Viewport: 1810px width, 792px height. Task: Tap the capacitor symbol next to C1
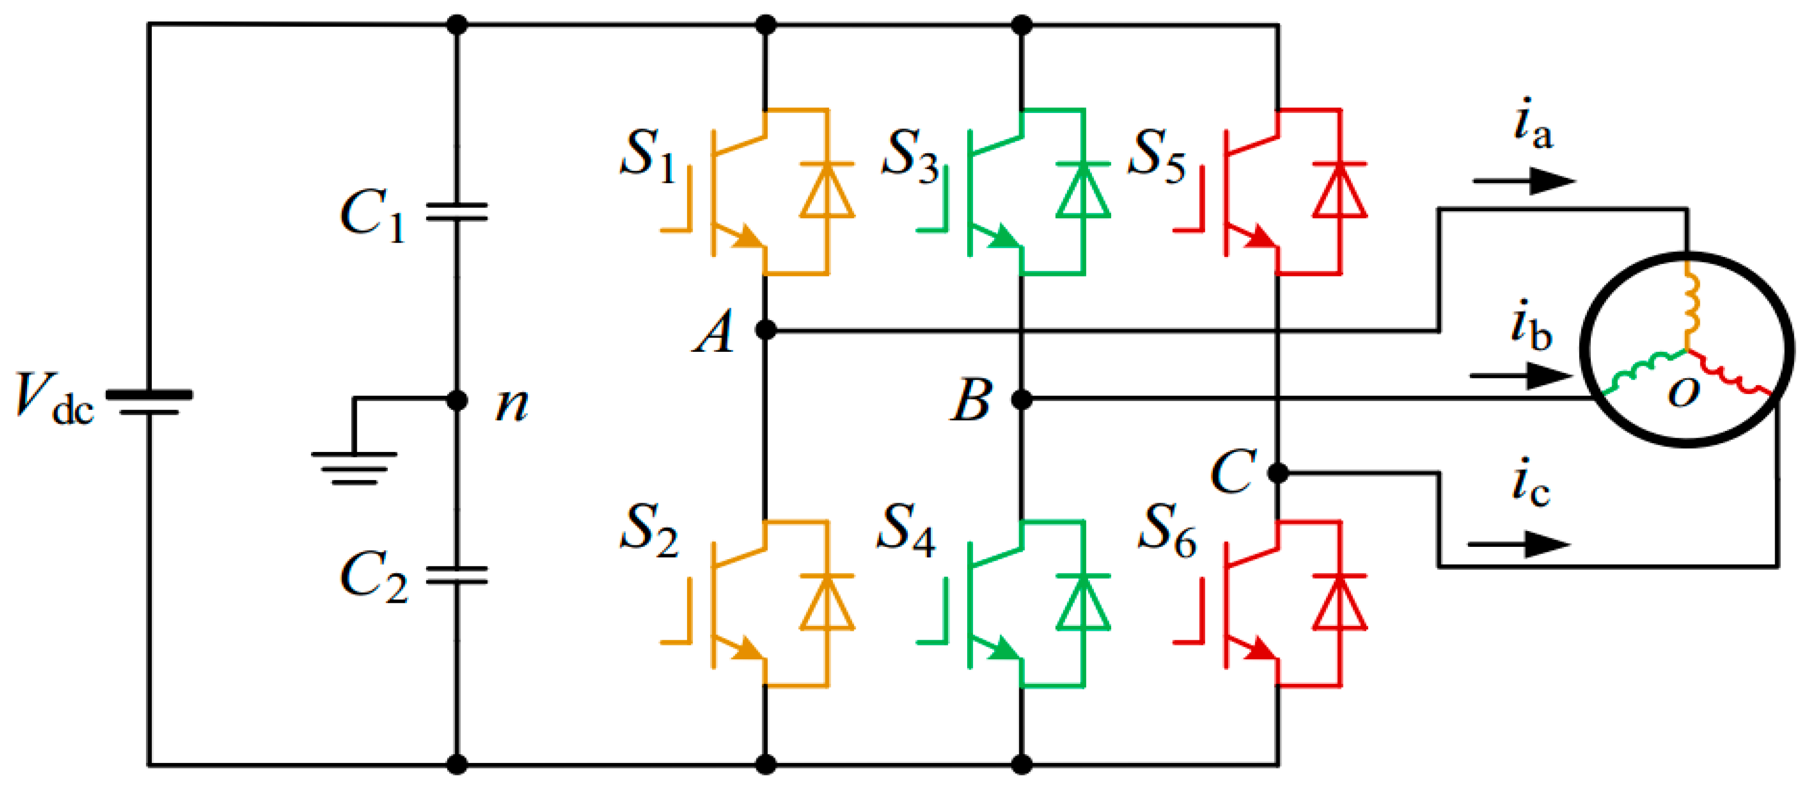point(457,212)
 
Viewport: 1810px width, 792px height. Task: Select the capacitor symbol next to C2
point(457,575)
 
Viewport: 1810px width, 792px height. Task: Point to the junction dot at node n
point(458,400)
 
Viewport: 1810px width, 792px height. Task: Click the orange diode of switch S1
point(827,190)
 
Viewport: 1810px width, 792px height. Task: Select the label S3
point(910,155)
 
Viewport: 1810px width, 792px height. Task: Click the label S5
point(1156,155)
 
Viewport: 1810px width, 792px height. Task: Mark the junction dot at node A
point(765,329)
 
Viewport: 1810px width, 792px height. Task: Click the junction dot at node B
point(1022,400)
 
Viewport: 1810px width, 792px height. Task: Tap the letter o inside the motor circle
point(1684,392)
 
